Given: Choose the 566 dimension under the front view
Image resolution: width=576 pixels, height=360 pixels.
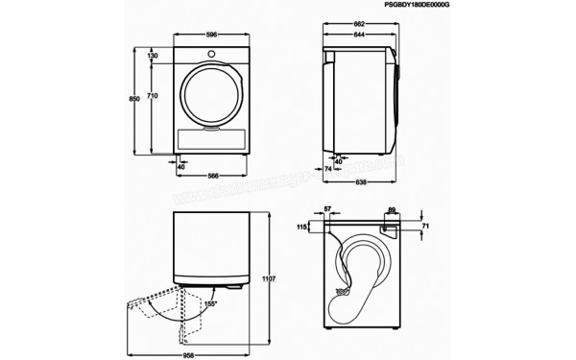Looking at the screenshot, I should coord(209,176).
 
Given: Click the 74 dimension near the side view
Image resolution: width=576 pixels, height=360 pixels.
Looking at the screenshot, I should coord(328,168).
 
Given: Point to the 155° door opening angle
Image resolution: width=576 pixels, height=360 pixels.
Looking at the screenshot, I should coord(211,304).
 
